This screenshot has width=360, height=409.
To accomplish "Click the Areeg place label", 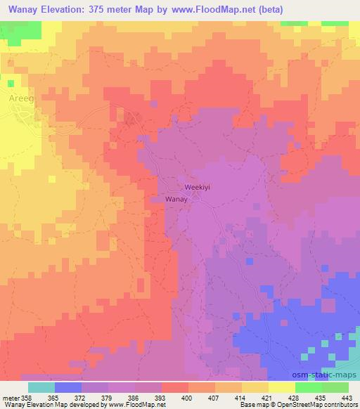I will [21, 100].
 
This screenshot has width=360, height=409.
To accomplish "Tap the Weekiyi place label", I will [198, 188].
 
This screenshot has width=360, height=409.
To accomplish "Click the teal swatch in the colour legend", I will [41, 387].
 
